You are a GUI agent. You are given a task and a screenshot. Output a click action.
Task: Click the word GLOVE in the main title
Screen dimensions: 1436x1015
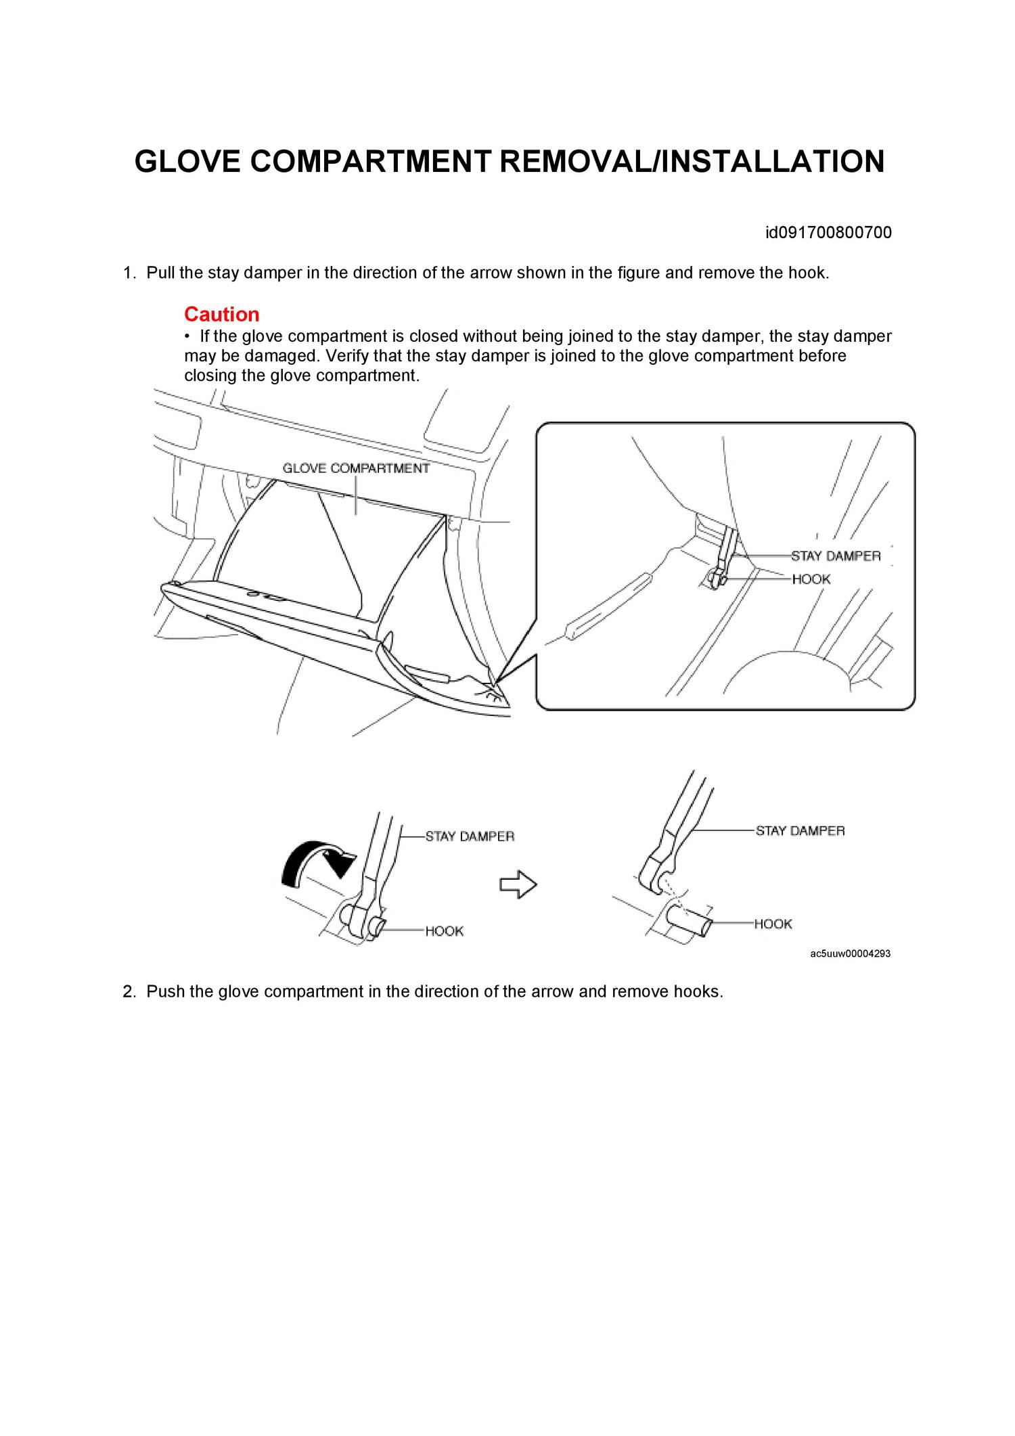(187, 162)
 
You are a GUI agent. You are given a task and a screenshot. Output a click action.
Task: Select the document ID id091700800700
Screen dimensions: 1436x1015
(828, 233)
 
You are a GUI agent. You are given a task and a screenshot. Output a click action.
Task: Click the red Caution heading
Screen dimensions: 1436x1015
(221, 314)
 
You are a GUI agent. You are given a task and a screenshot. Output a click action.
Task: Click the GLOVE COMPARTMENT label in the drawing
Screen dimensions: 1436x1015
(356, 468)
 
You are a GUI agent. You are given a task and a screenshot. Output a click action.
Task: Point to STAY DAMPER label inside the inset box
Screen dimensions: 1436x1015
(836, 556)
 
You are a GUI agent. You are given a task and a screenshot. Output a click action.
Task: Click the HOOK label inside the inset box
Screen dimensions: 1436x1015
(811, 579)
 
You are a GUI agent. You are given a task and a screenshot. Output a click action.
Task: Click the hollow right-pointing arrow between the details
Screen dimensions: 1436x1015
(518, 884)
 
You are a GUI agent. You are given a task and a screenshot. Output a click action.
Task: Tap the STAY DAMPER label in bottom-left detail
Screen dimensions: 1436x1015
(470, 836)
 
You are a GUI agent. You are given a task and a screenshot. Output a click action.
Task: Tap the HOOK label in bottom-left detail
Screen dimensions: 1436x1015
(445, 931)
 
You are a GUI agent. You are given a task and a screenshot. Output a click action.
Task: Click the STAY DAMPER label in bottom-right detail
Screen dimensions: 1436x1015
(800, 831)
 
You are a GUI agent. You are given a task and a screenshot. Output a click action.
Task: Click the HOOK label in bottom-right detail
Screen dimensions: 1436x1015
(773, 924)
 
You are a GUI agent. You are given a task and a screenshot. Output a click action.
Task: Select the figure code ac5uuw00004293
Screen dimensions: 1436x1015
(850, 953)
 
